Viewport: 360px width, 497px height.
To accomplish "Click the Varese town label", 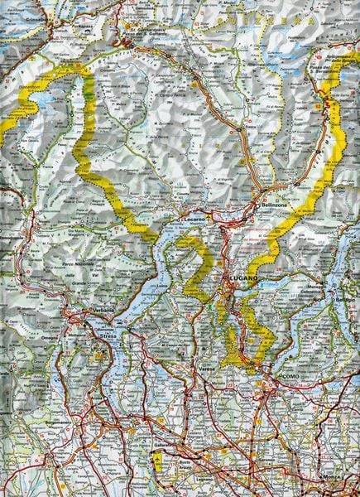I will coord(218,379).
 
